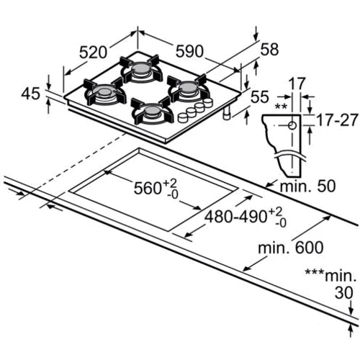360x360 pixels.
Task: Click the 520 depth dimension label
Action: [x=93, y=53]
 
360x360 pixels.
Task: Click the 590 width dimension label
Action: [x=189, y=51]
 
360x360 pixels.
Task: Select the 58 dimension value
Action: [x=269, y=50]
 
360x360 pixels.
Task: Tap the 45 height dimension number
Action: [x=31, y=94]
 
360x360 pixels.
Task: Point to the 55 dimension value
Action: [x=260, y=96]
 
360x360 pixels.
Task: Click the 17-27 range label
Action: [x=337, y=120]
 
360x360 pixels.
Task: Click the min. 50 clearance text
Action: [x=307, y=186]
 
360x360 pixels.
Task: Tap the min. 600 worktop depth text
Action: [x=291, y=247]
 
